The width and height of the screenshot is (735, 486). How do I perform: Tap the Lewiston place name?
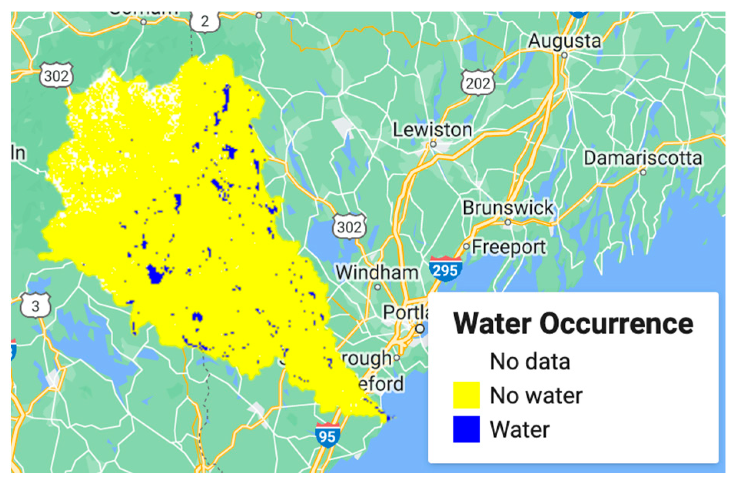tap(432, 130)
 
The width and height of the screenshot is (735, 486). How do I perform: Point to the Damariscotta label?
tap(643, 158)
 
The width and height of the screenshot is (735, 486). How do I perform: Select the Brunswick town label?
tap(508, 208)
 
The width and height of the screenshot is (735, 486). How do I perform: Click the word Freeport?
tap(509, 247)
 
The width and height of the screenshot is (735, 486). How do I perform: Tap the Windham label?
tap(377, 273)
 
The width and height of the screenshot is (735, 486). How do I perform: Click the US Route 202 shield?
tap(478, 83)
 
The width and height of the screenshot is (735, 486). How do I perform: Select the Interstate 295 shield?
tap(445, 270)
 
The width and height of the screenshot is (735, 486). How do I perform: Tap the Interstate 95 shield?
tap(327, 436)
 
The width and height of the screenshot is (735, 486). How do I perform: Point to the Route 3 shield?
tap(35, 306)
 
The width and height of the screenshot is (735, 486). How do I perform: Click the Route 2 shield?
tap(205, 21)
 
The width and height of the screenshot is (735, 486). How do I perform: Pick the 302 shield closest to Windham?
tap(349, 227)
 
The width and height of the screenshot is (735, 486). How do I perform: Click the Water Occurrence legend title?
tap(573, 324)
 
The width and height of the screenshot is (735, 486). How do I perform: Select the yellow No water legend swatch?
tap(466, 395)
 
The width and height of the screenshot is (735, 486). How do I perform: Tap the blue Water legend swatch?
tap(466, 429)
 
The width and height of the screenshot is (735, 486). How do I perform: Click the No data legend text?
tap(530, 361)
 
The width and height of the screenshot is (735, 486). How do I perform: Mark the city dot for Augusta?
tap(564, 55)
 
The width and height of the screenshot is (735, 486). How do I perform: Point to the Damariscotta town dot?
tap(643, 172)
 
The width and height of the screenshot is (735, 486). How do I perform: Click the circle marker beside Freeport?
tap(466, 246)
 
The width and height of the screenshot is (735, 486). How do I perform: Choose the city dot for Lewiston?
tap(433, 144)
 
